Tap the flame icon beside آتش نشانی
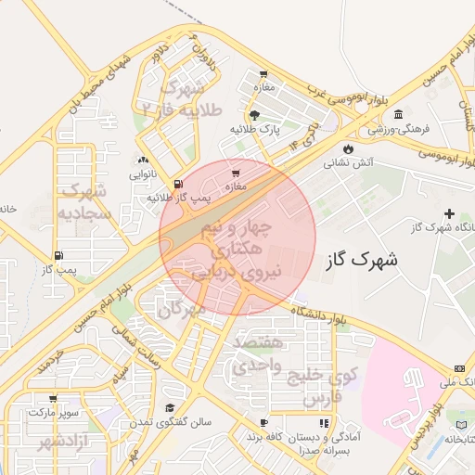[x=348, y=148]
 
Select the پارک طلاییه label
[x=255, y=129]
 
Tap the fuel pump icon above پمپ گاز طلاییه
[x=178, y=184]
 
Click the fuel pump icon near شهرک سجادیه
[x=59, y=255]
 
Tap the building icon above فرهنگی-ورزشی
[x=398, y=115]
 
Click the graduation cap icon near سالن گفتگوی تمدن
[x=170, y=408]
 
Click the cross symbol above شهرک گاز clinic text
[x=450, y=214]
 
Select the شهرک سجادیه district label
[x=84, y=201]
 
